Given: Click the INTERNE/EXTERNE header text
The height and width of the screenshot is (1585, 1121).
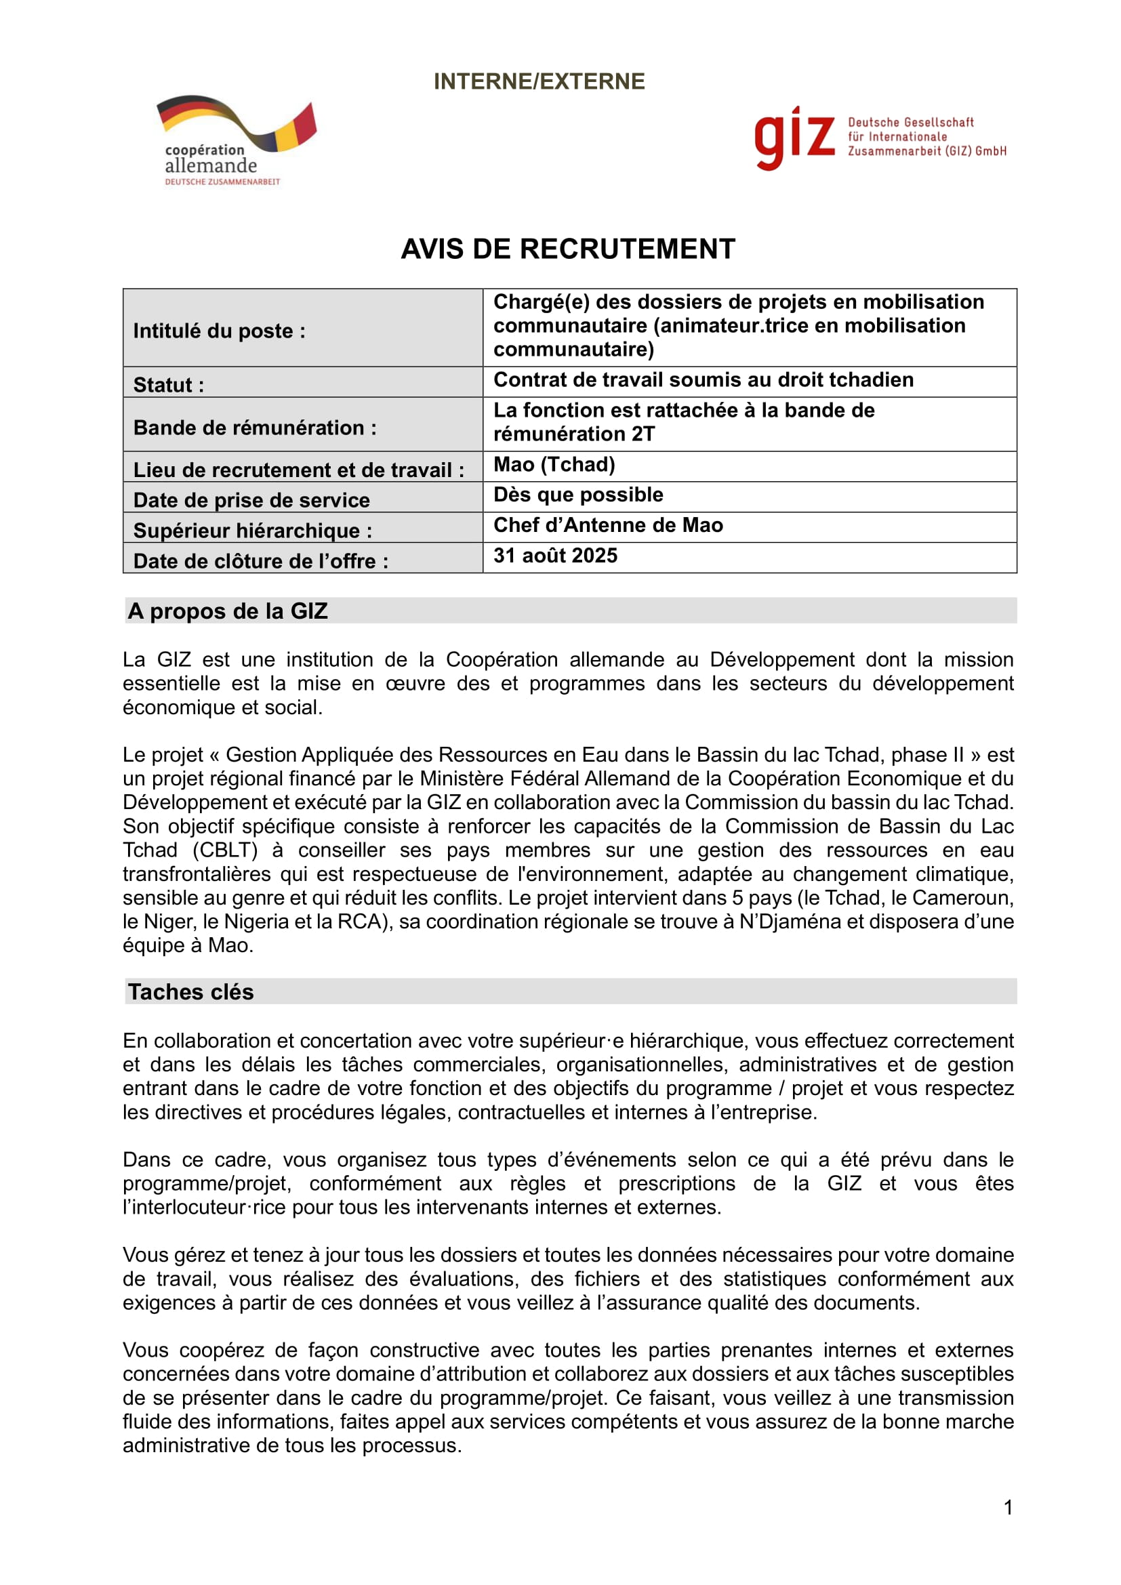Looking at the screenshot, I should pos(538,81).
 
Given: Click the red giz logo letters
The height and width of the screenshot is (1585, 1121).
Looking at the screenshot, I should pos(794,138).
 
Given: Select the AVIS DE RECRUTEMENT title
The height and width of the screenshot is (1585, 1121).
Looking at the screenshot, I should pos(567,249).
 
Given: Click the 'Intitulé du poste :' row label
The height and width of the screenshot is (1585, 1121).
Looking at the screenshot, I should pos(219,331).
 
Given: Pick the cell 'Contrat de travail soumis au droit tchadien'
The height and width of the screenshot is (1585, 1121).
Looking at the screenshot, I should pos(703,379).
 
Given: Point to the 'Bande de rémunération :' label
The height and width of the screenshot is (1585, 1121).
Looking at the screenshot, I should pos(255,428).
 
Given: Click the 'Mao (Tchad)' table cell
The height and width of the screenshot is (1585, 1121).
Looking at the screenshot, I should pos(554,465).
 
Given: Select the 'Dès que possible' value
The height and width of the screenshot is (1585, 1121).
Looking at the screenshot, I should pos(577,495).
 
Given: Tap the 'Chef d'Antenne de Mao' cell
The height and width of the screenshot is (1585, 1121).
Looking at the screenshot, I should pos(607,525).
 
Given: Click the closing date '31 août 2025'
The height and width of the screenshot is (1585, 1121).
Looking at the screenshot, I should pos(555,556).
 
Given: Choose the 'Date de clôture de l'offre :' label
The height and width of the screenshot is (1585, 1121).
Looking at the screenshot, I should pos(260,560).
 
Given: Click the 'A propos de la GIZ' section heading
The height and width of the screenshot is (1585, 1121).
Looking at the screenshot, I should pos(227,611).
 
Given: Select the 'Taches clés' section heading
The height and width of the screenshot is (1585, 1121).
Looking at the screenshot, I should pos(190,992).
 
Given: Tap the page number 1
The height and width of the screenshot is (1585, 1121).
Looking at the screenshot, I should pos(1008,1508).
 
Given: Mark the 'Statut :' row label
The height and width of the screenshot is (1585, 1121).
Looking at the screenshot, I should pos(169,384).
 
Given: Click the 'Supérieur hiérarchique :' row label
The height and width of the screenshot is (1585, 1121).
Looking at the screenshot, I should pos(252,530).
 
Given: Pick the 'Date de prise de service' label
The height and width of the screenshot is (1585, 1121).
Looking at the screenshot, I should pos(251,500).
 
